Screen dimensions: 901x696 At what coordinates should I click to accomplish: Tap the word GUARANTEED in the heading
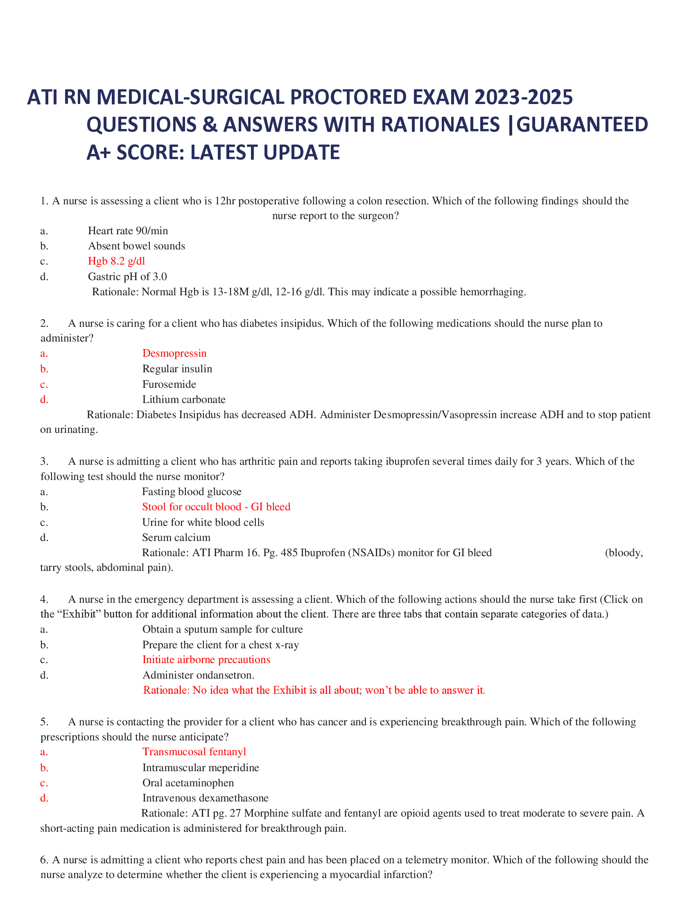pyautogui.click(x=582, y=125)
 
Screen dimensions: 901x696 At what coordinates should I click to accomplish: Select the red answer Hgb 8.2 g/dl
pyautogui.click(x=116, y=261)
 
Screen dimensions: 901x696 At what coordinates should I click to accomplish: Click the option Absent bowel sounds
pyautogui.click(x=136, y=246)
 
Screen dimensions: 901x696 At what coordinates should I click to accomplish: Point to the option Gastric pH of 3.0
pyautogui.click(x=127, y=276)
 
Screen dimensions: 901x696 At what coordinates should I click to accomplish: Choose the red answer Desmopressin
pyautogui.click(x=174, y=353)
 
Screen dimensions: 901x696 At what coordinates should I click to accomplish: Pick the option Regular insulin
pyautogui.click(x=177, y=369)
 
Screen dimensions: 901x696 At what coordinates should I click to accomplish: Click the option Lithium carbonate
pyautogui.click(x=184, y=399)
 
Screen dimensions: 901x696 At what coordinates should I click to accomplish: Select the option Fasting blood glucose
pyautogui.click(x=192, y=491)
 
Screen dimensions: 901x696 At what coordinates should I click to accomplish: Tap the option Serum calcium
pyautogui.click(x=176, y=537)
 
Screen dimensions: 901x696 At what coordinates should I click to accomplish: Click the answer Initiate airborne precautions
pyautogui.click(x=206, y=659)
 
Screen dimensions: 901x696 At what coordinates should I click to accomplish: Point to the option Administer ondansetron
pyautogui.click(x=198, y=675)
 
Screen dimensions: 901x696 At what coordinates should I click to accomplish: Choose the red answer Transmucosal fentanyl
pyautogui.click(x=194, y=752)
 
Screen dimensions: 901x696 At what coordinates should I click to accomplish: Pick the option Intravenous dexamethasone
pyautogui.click(x=206, y=798)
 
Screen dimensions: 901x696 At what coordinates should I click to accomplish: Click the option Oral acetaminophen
pyautogui.click(x=188, y=783)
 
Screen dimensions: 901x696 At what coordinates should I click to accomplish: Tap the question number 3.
pyautogui.click(x=45, y=461)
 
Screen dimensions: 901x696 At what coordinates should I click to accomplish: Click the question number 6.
pyautogui.click(x=45, y=860)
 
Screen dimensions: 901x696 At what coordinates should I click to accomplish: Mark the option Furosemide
pyautogui.click(x=169, y=384)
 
